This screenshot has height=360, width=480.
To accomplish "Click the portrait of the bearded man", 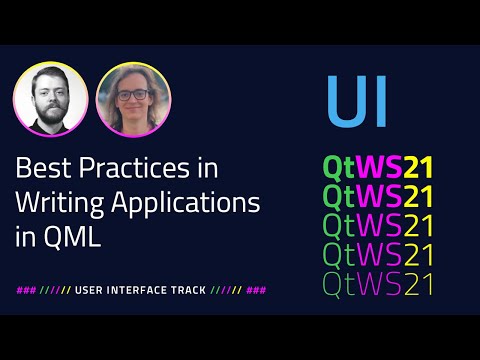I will (x=50, y=102).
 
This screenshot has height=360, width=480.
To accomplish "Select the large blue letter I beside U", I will (x=379, y=103).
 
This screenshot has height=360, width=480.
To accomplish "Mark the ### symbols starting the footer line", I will (x=26, y=290).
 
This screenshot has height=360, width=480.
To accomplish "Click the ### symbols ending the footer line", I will (x=256, y=290).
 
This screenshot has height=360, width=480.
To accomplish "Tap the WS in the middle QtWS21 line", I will (x=381, y=224).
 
